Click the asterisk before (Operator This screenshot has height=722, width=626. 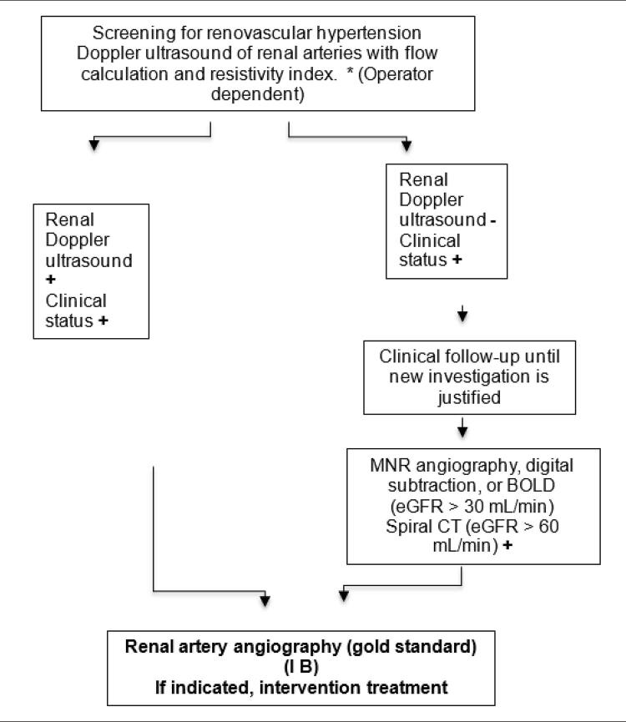click(x=350, y=72)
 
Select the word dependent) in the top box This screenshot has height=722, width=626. click(x=258, y=94)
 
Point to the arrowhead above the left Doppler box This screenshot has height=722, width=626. click(x=93, y=144)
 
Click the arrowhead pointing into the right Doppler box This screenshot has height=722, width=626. click(x=406, y=145)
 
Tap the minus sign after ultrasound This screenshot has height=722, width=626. click(x=493, y=221)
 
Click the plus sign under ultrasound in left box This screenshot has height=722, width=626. click(x=51, y=279)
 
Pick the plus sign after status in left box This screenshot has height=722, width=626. click(x=103, y=321)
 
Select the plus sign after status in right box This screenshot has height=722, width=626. click(x=457, y=260)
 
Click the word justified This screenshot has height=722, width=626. click(x=469, y=397)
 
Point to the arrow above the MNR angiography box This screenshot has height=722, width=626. click(x=462, y=427)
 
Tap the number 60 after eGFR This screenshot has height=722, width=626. click(x=548, y=526)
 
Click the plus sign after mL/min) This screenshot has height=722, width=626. click(x=507, y=545)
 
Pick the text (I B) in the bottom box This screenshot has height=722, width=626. click(x=301, y=667)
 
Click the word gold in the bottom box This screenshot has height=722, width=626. click(x=369, y=647)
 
